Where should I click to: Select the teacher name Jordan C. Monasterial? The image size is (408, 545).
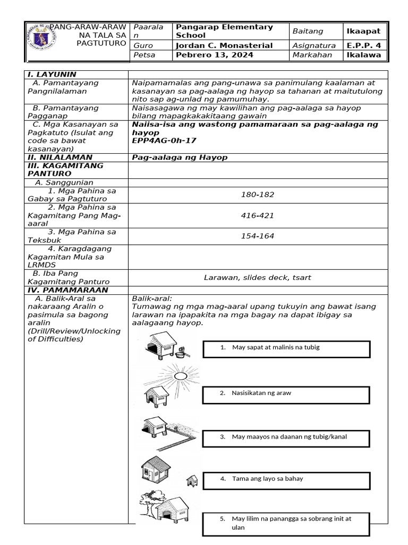[224, 46]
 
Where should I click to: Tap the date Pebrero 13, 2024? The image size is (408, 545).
[207, 55]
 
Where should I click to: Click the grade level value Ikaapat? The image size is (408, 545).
[363, 31]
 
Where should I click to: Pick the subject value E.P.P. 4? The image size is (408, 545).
[363, 46]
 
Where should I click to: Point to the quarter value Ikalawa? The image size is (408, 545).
[363, 55]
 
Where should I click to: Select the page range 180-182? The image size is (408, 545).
[257, 195]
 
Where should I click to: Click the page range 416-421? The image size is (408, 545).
[257, 216]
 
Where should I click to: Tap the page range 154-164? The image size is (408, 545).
[257, 236]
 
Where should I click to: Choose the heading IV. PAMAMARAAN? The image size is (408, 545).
[67, 290]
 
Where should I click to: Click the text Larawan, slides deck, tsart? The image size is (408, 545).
[257, 277]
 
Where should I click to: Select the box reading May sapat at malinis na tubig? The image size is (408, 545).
[286, 349]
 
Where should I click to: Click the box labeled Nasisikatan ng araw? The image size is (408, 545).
[286, 395]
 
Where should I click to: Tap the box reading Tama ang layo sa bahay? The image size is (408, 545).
[286, 480]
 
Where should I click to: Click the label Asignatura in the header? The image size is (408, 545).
[313, 46]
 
